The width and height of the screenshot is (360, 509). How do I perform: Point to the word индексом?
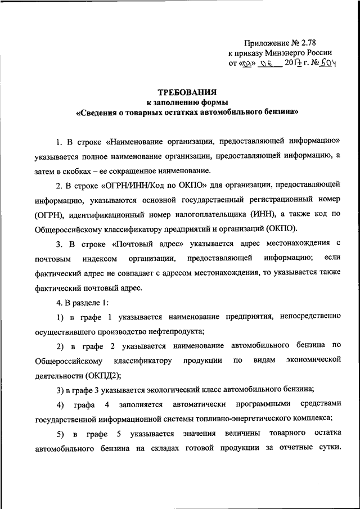(x=97, y=258)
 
